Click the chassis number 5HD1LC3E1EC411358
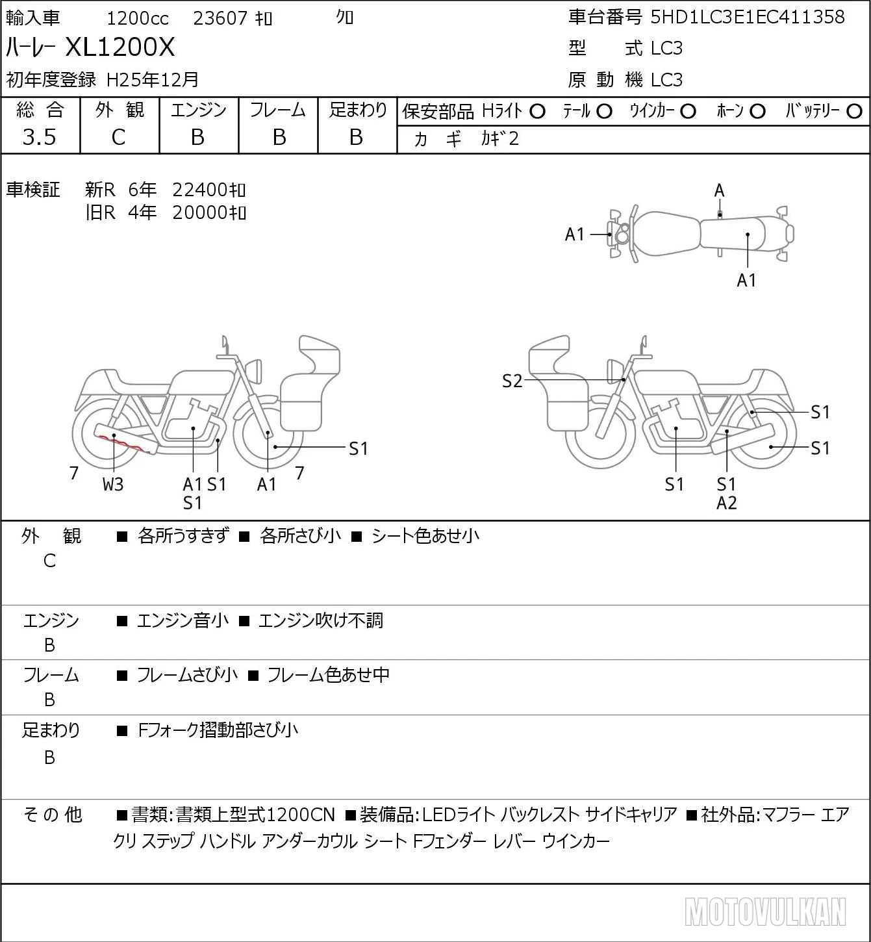coord(748,17)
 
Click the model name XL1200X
coord(120,47)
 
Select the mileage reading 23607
coord(220,18)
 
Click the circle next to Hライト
coord(537,112)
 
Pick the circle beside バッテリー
coord(854,112)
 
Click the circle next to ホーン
coord(757,112)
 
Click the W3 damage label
coord(113,484)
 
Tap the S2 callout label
coord(512,381)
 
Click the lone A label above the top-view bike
coord(719,191)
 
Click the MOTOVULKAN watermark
coord(765,911)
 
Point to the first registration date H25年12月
coord(152,79)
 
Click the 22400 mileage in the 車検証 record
coord(208,190)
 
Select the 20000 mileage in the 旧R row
coord(208,212)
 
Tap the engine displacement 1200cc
coord(138,18)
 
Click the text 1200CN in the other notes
coord(301,815)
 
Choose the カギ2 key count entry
coord(500,138)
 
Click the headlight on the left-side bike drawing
coord(254,372)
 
